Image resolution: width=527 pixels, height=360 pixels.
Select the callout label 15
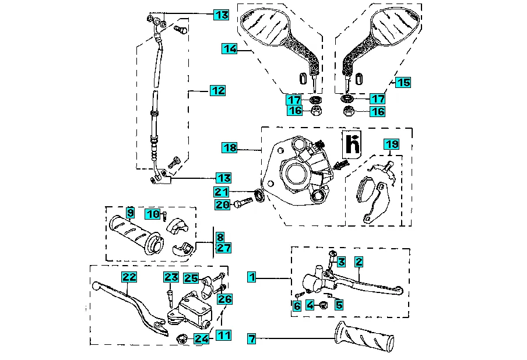(x=402, y=83)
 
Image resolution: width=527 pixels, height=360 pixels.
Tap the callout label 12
(x=217, y=91)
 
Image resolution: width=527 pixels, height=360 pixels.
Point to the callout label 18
(x=230, y=148)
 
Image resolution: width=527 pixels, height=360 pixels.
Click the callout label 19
(x=391, y=144)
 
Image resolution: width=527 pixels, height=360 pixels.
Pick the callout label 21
(x=222, y=192)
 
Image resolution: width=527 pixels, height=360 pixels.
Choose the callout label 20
(x=222, y=204)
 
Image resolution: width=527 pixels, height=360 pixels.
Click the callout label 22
(x=129, y=277)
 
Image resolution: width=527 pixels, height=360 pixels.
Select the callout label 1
(x=251, y=277)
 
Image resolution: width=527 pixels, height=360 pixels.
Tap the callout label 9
(x=130, y=213)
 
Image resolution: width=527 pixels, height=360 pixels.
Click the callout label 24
(x=201, y=338)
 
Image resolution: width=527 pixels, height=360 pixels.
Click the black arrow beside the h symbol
(x=340, y=166)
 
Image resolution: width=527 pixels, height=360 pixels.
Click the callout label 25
(x=191, y=278)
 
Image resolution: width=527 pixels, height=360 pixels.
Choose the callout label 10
(x=152, y=214)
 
